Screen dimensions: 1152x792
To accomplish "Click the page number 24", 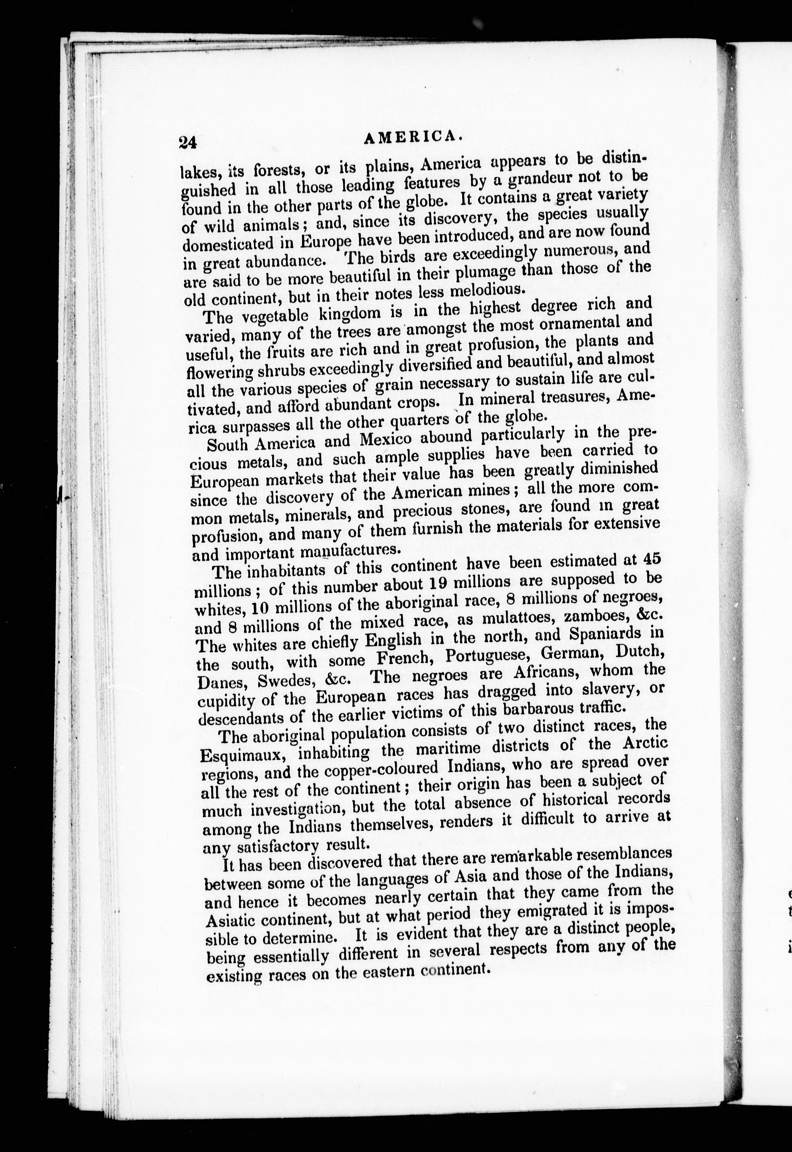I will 188,143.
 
